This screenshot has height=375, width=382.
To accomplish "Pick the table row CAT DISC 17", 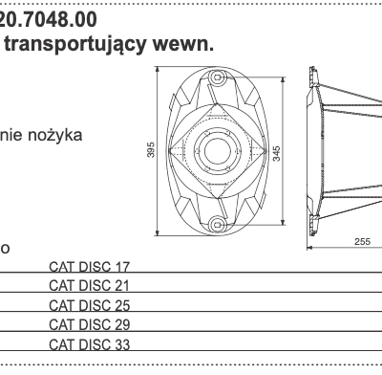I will coord(88,267).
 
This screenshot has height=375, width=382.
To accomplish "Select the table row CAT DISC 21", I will coord(88,286).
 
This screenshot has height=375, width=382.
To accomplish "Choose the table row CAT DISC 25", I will coord(88,305).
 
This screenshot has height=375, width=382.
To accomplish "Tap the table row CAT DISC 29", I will coord(88,324).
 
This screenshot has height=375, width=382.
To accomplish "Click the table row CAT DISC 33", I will coord(88,343).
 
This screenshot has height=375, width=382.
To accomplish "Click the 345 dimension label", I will coord(276,153).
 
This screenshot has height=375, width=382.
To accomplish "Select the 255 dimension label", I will coord(362,242).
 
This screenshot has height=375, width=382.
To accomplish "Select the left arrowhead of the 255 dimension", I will coord(309,249).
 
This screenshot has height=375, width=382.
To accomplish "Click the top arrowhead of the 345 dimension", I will coord(269,84).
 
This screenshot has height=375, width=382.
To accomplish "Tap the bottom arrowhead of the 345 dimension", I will coord(269,224).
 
